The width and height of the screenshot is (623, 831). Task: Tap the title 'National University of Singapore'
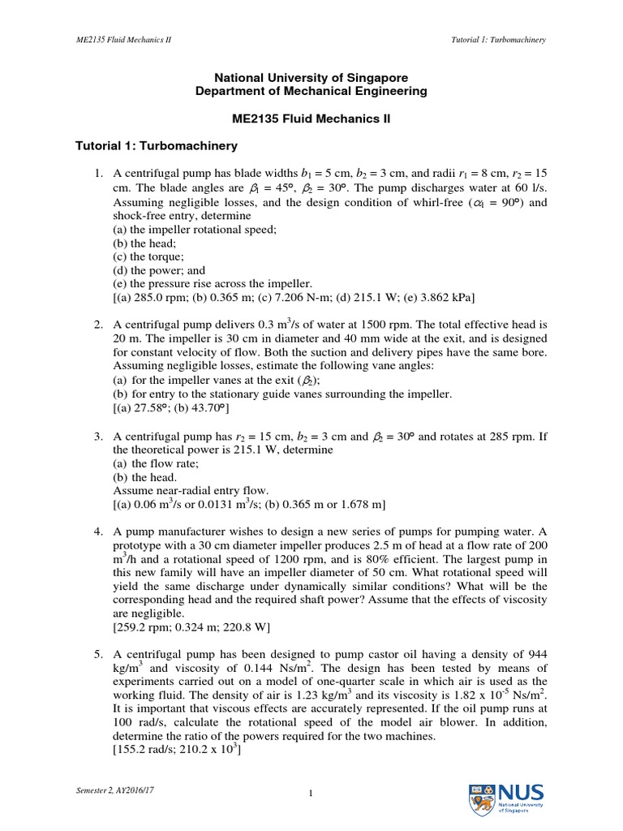click(311, 78)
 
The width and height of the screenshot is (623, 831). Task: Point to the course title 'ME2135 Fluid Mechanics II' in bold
click(311, 118)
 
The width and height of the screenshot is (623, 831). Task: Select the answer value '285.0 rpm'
click(155, 297)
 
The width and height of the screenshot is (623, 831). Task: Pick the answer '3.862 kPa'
click(441, 297)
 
